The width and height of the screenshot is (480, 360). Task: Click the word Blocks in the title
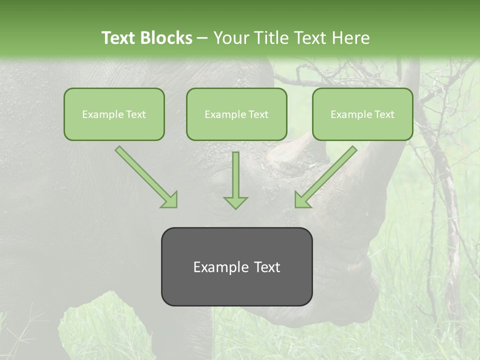pos(167,38)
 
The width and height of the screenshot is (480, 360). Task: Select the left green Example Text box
pos(114,114)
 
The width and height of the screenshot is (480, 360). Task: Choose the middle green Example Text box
pos(236,114)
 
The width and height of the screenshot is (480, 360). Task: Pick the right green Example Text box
pos(362,114)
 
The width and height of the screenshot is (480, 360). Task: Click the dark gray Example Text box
pos(236,266)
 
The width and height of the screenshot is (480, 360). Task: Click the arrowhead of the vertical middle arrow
pos(235,202)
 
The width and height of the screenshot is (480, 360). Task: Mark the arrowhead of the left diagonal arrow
pos(170,200)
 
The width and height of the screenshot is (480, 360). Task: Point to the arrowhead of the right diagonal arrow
pos(302,200)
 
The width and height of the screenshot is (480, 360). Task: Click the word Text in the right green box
pos(384,114)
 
